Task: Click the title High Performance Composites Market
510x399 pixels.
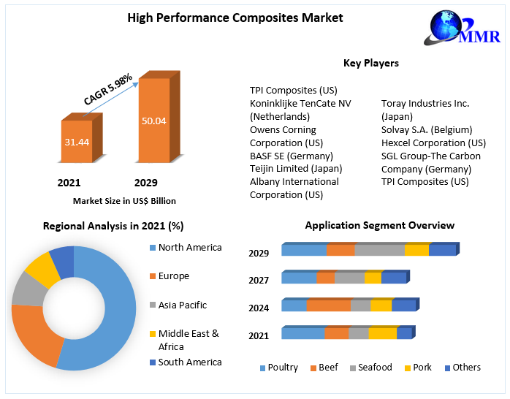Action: tap(235, 18)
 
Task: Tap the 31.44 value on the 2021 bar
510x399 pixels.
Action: tap(76, 142)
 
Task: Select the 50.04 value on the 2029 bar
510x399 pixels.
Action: tap(153, 120)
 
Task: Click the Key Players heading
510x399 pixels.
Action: tap(371, 64)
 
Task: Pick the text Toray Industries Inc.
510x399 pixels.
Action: tap(425, 104)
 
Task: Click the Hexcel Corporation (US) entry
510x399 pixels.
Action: tap(433, 142)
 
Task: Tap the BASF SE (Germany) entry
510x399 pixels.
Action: tap(292, 156)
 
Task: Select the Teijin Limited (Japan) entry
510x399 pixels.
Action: tap(296, 168)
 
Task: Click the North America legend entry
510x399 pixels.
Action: tap(189, 248)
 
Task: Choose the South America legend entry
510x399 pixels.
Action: tap(189, 362)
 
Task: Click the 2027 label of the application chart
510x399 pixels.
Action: tap(259, 281)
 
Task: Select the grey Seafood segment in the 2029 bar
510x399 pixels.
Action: tap(378, 251)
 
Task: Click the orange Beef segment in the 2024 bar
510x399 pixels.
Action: tap(328, 305)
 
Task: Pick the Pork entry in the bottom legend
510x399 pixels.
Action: tap(422, 368)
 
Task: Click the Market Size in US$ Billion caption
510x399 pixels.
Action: tap(124, 201)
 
